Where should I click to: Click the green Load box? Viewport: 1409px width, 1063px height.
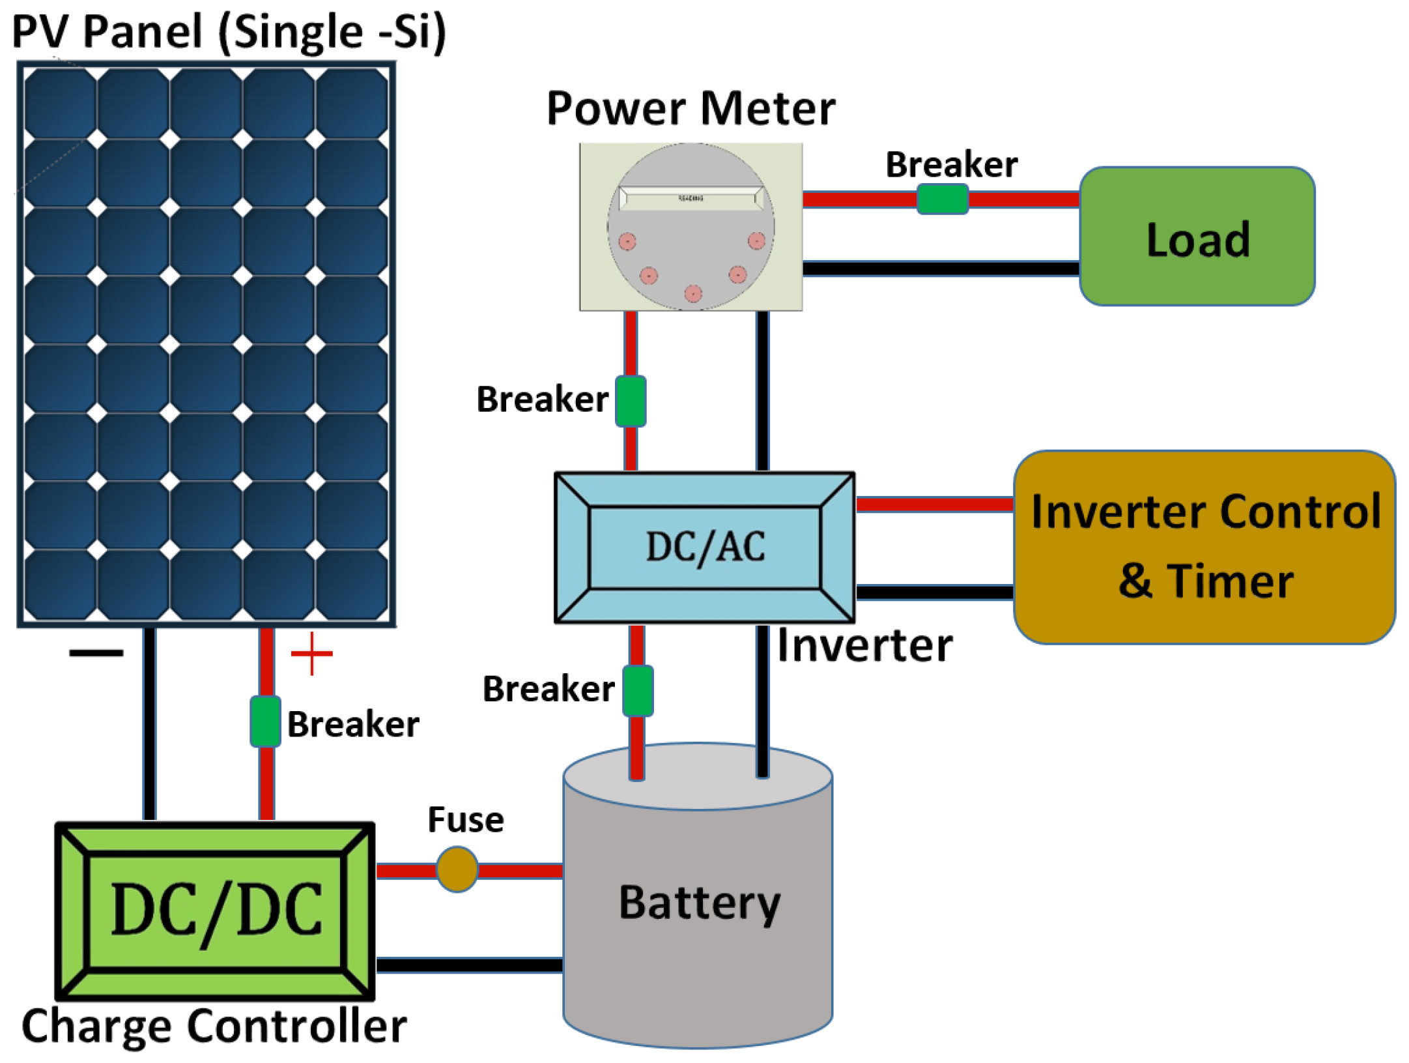[x=1197, y=237]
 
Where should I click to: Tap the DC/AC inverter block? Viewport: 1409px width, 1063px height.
[x=704, y=547]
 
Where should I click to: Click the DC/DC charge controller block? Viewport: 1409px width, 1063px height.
[x=215, y=911]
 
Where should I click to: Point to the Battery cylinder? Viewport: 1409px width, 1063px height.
[x=698, y=912]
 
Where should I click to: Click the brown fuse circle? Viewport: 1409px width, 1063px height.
[x=457, y=869]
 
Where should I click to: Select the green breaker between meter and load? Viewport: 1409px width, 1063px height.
[x=942, y=199]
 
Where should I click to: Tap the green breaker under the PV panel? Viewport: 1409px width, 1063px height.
[x=265, y=721]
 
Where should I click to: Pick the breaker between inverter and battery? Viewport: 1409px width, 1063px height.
[x=637, y=690]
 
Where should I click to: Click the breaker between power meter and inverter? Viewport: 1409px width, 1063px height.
[x=631, y=401]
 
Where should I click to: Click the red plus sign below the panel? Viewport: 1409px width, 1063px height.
[x=311, y=653]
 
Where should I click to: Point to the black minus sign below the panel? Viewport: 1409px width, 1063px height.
[x=96, y=652]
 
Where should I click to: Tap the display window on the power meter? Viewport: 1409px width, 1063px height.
[x=691, y=198]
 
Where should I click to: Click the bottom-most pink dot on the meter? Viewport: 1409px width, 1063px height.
[x=693, y=293]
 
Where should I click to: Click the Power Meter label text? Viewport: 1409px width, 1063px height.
[x=690, y=108]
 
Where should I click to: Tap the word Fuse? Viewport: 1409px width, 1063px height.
[x=465, y=819]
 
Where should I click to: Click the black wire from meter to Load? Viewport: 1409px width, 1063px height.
[x=941, y=268]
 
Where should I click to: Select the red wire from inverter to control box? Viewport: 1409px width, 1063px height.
[x=934, y=504]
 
